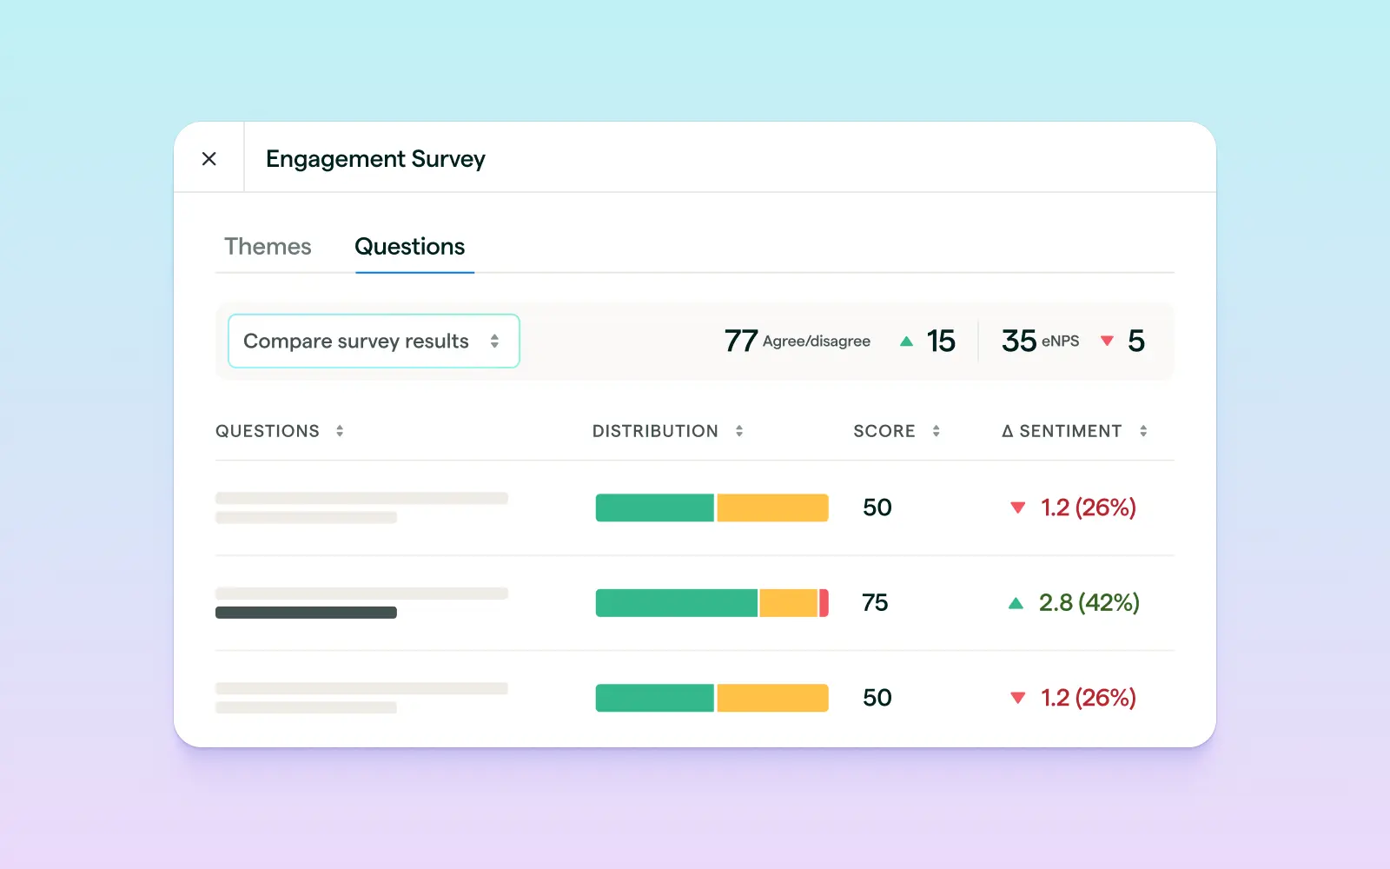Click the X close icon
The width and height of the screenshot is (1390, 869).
(x=209, y=159)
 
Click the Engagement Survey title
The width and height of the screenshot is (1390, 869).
(x=375, y=159)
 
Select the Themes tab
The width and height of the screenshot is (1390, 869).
(x=268, y=247)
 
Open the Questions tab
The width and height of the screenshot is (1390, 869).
(x=410, y=247)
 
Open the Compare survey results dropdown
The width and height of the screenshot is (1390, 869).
(x=374, y=341)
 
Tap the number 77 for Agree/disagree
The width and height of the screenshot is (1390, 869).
(x=741, y=341)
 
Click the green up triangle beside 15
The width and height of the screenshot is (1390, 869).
(x=906, y=342)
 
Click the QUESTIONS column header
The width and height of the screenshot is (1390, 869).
(x=268, y=431)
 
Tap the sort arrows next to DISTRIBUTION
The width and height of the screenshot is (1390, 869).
(x=739, y=431)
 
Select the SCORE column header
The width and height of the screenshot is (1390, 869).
(x=884, y=431)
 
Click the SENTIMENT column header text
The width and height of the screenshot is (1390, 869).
(x=1070, y=431)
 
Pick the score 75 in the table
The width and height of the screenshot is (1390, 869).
(x=875, y=603)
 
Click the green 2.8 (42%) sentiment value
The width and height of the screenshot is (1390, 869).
(x=1089, y=603)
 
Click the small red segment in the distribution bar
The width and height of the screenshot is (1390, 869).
(x=824, y=603)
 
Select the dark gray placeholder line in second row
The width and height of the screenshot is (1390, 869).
(x=306, y=613)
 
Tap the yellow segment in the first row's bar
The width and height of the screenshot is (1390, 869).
(x=772, y=507)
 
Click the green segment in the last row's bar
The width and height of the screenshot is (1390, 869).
(x=654, y=698)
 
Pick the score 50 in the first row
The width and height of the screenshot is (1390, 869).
(x=877, y=507)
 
